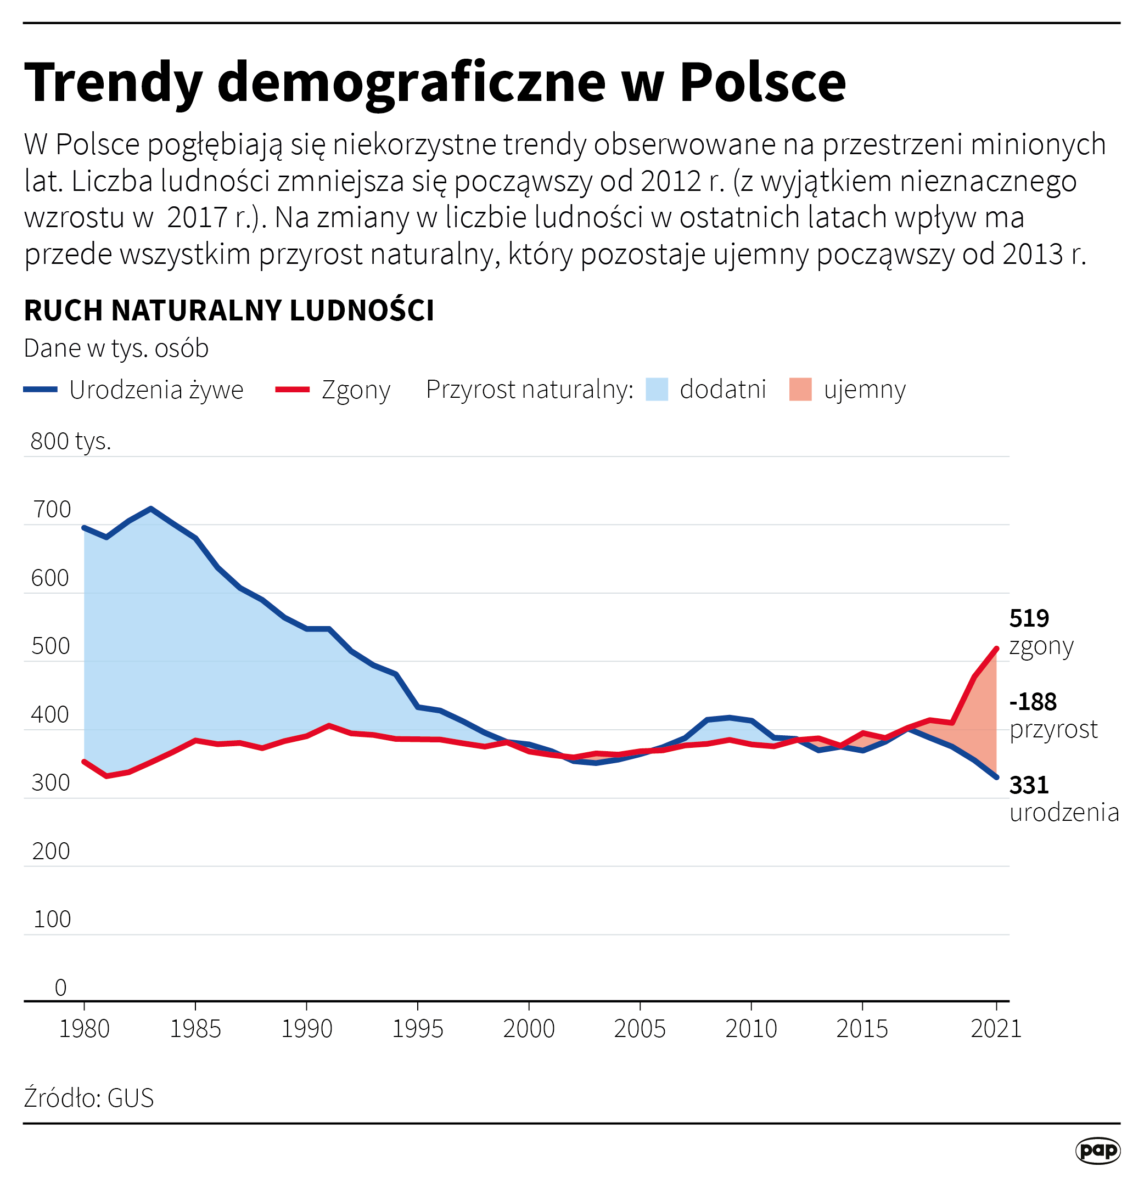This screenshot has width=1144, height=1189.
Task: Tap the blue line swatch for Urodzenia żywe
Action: click(40, 390)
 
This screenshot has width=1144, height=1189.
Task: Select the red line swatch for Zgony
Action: click(293, 390)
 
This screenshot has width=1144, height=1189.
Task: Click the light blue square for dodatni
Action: click(657, 390)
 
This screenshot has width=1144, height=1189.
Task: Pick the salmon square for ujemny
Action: click(800, 390)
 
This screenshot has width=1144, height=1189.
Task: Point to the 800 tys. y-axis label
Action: click(70, 441)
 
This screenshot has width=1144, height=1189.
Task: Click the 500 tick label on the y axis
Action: click(51, 646)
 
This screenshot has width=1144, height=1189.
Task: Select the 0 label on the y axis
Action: click(61, 988)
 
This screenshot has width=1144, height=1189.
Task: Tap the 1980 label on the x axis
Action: click(84, 1029)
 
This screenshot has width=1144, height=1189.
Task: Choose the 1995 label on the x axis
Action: click(418, 1029)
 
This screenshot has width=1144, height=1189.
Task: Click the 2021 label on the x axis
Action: click(996, 1029)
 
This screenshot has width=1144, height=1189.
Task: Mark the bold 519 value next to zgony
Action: click(1029, 619)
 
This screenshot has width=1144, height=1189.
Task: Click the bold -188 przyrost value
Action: click(1033, 702)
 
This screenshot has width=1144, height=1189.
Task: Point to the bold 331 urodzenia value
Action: click(1029, 786)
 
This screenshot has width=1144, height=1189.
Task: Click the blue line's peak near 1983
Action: click(150, 509)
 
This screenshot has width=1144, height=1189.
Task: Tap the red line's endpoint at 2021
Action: click(996, 649)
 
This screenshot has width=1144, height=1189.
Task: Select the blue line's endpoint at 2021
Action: click(996, 777)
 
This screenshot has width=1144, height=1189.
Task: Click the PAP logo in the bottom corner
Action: click(1097, 1150)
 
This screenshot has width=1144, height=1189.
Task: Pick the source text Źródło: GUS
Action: click(88, 1098)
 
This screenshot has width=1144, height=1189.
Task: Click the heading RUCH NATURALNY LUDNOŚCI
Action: click(229, 311)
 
